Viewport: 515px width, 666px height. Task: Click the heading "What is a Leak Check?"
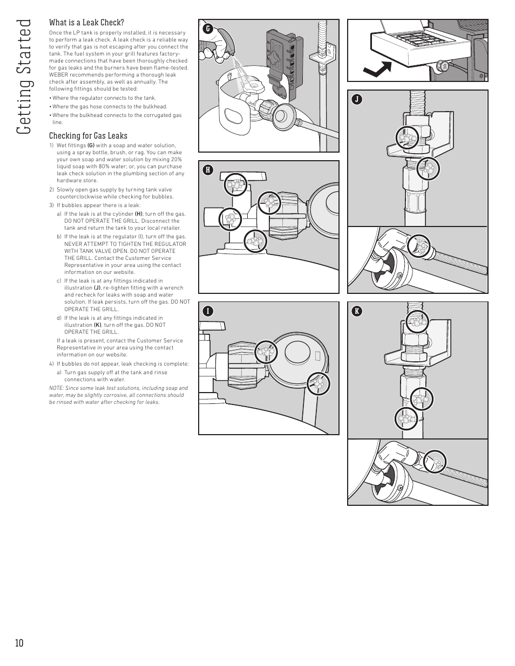coord(86,23)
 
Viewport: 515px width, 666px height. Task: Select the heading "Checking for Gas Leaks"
coord(88,136)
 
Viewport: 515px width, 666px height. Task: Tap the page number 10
coord(19,643)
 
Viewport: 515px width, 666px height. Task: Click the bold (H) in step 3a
coord(138,214)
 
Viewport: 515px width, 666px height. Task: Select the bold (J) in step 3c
coord(97,288)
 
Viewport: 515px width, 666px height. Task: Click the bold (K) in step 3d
coord(97,325)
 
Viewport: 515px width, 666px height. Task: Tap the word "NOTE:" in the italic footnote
coord(56,388)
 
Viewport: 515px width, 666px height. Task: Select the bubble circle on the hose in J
coord(419,246)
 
